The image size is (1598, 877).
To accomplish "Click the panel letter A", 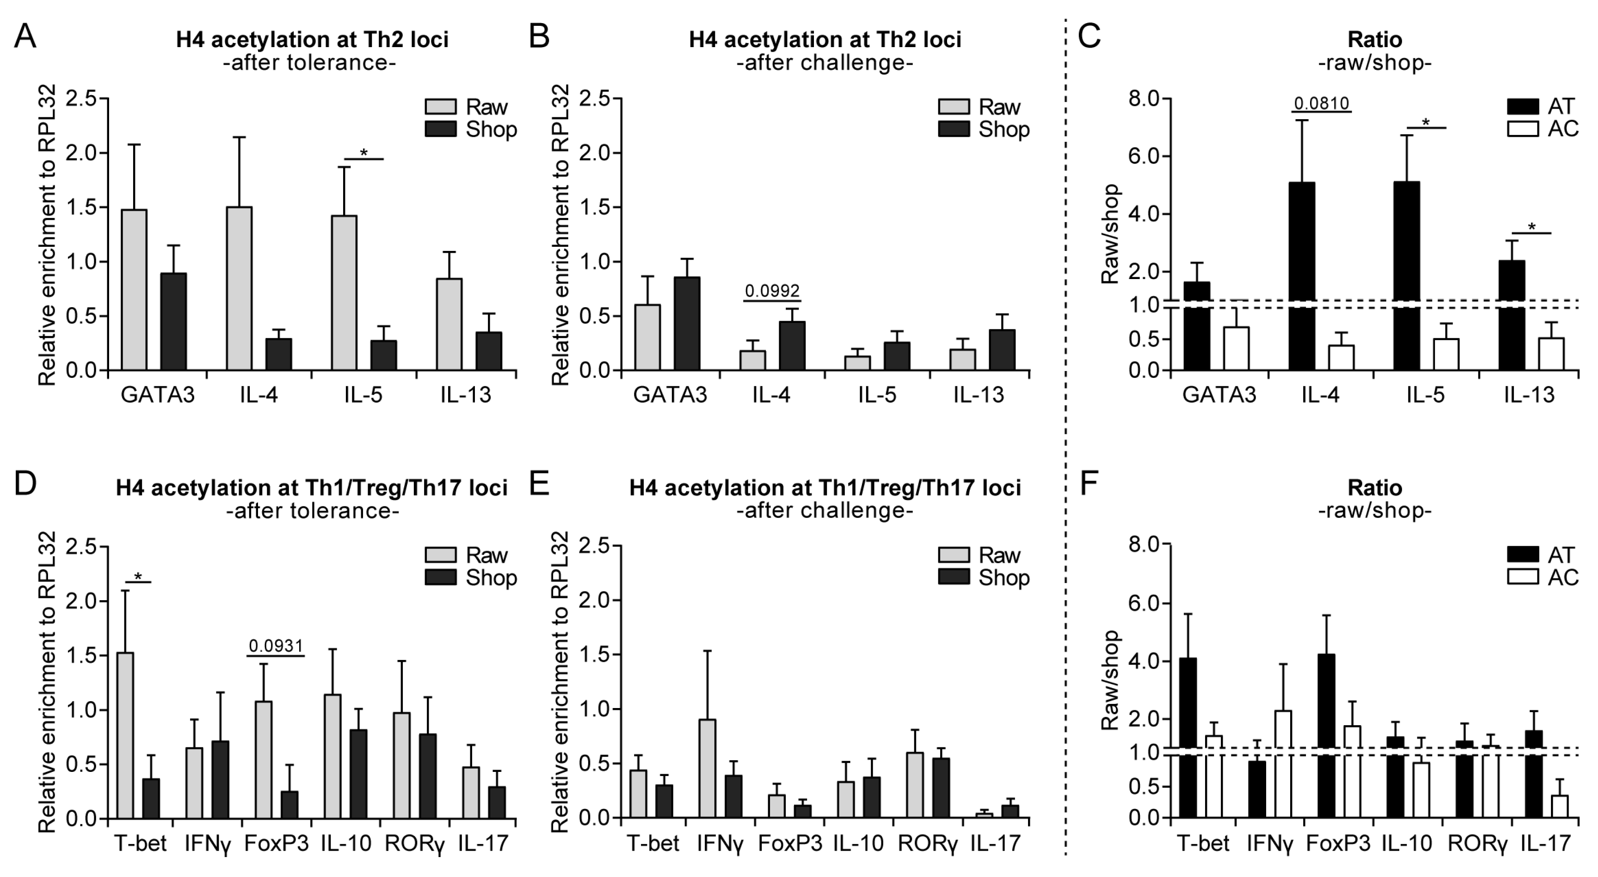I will (x=25, y=37).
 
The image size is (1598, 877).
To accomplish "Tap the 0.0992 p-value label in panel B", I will (x=772, y=290).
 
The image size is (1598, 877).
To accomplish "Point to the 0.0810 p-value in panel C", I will (x=1322, y=103).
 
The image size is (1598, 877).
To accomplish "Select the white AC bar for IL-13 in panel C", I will (x=1551, y=354).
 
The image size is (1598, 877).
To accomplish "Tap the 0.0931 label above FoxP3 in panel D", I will (x=276, y=646).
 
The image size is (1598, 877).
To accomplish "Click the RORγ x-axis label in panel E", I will (x=928, y=843).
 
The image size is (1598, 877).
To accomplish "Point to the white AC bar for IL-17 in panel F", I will (x=1559, y=806).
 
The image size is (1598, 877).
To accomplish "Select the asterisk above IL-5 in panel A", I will (x=364, y=153).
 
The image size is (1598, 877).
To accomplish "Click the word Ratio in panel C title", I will (x=1375, y=40).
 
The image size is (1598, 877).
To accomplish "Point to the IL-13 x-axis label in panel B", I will (x=978, y=395).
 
